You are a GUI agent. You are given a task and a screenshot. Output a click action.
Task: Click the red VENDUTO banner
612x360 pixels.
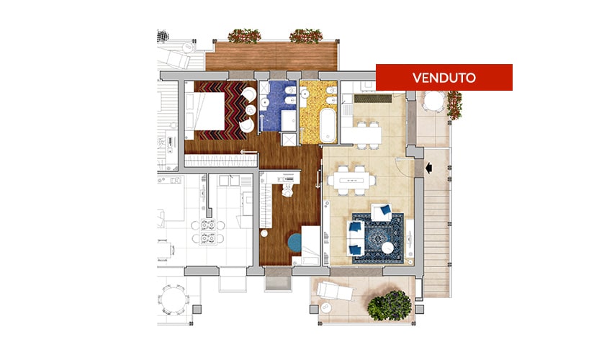(x=444, y=77)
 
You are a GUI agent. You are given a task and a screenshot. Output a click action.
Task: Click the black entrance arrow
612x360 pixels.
(x=428, y=168)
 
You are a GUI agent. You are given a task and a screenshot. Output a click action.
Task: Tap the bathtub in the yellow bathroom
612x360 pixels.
(x=328, y=125)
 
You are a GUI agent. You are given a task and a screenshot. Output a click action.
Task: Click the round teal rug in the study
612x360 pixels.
(x=295, y=242)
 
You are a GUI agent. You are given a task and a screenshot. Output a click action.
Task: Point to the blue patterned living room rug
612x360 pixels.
(x=378, y=238)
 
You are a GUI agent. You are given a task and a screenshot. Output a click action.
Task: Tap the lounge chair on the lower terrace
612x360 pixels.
(x=335, y=292)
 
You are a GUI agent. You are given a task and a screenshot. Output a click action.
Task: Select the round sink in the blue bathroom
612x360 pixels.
(x=265, y=102)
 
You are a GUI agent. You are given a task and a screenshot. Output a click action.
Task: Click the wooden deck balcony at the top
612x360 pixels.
(x=271, y=56)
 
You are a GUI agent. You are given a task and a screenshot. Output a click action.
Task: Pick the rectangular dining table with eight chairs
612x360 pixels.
(x=351, y=181)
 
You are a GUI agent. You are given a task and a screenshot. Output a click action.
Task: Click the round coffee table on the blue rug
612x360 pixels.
(x=388, y=248)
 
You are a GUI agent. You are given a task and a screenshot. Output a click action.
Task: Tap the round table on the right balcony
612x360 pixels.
(x=432, y=102)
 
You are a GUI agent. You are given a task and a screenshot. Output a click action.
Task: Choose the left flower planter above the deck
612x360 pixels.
(x=244, y=36)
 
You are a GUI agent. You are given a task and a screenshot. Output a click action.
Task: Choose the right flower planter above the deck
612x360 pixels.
(x=306, y=36)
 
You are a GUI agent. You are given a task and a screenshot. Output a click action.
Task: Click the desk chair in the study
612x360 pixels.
(x=288, y=190)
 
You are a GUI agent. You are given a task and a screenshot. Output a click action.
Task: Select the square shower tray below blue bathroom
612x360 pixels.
(x=289, y=140)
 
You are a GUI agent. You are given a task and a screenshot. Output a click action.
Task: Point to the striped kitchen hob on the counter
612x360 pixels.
(x=372, y=99)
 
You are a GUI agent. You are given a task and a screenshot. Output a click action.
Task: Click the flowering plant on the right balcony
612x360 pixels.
(x=454, y=104)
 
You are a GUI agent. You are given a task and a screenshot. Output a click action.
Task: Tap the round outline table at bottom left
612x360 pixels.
(x=173, y=300)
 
